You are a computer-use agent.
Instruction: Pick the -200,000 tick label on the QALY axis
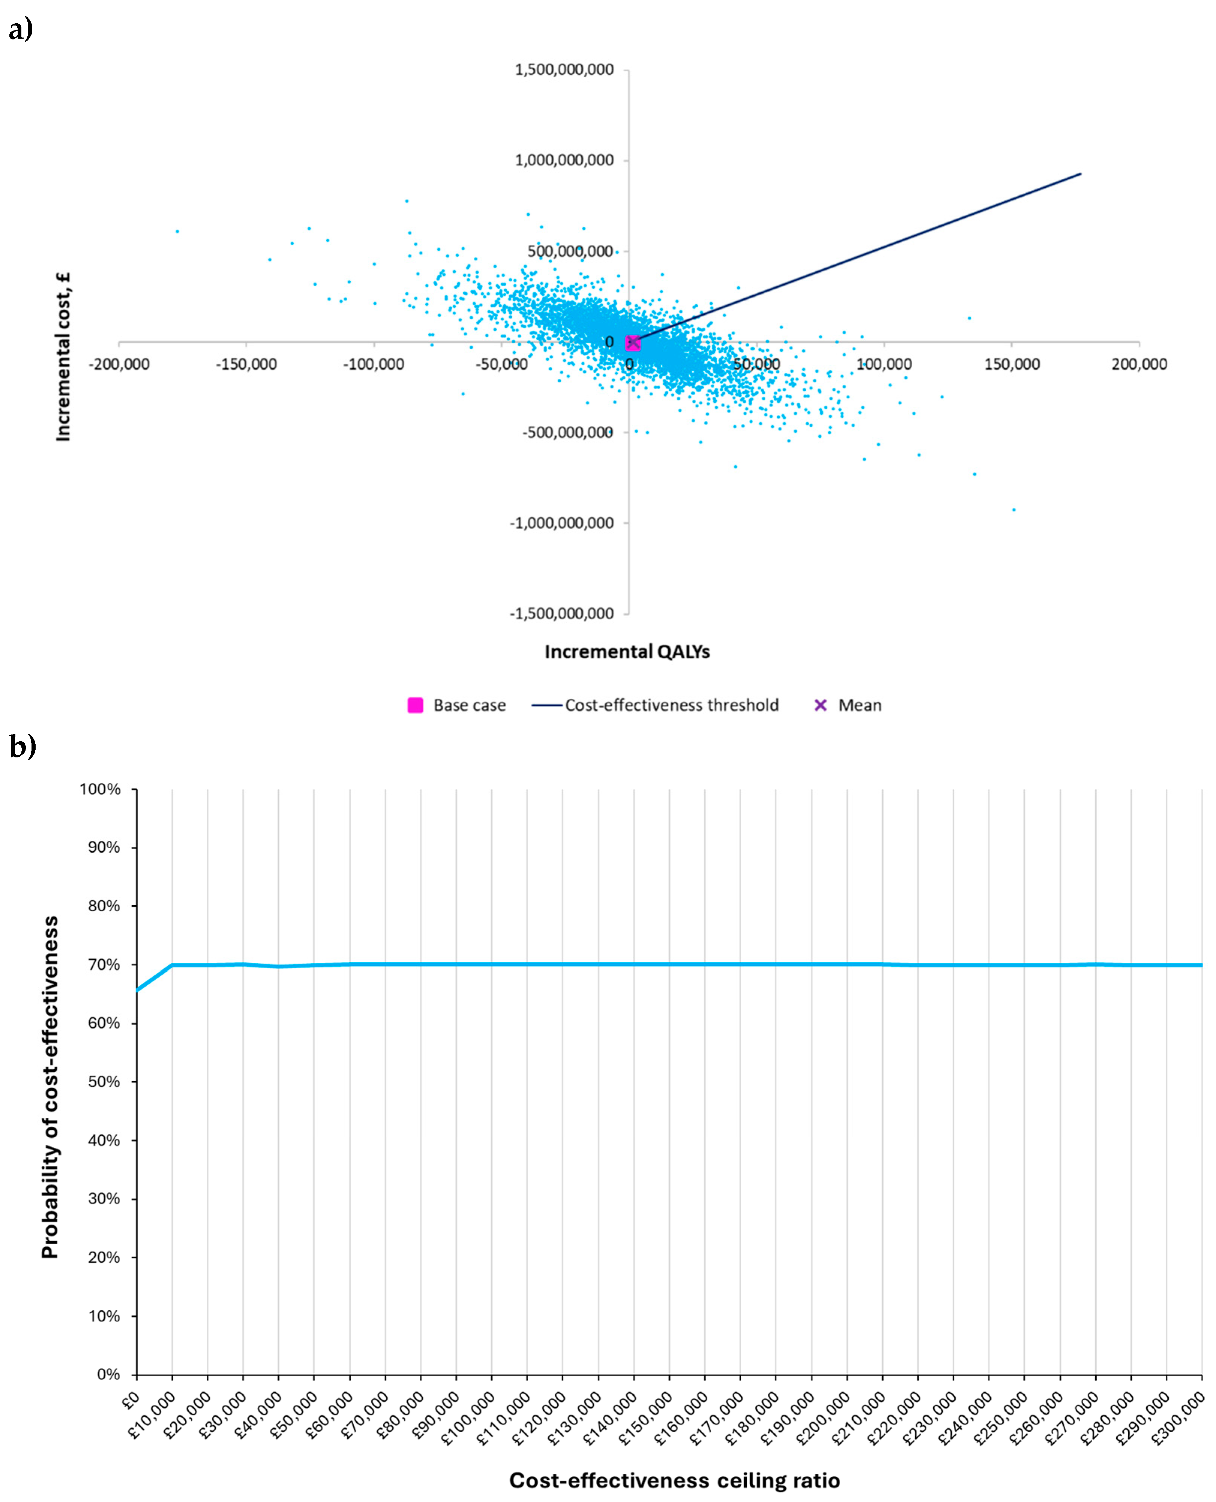pos(119,364)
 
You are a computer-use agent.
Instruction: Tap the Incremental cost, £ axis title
pos(64,357)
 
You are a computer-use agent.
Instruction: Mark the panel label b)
pos(23,746)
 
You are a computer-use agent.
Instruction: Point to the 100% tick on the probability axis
pos(100,789)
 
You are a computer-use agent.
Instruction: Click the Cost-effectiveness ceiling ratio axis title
pos(674,1480)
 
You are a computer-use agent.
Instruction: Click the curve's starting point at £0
pos(137,990)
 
